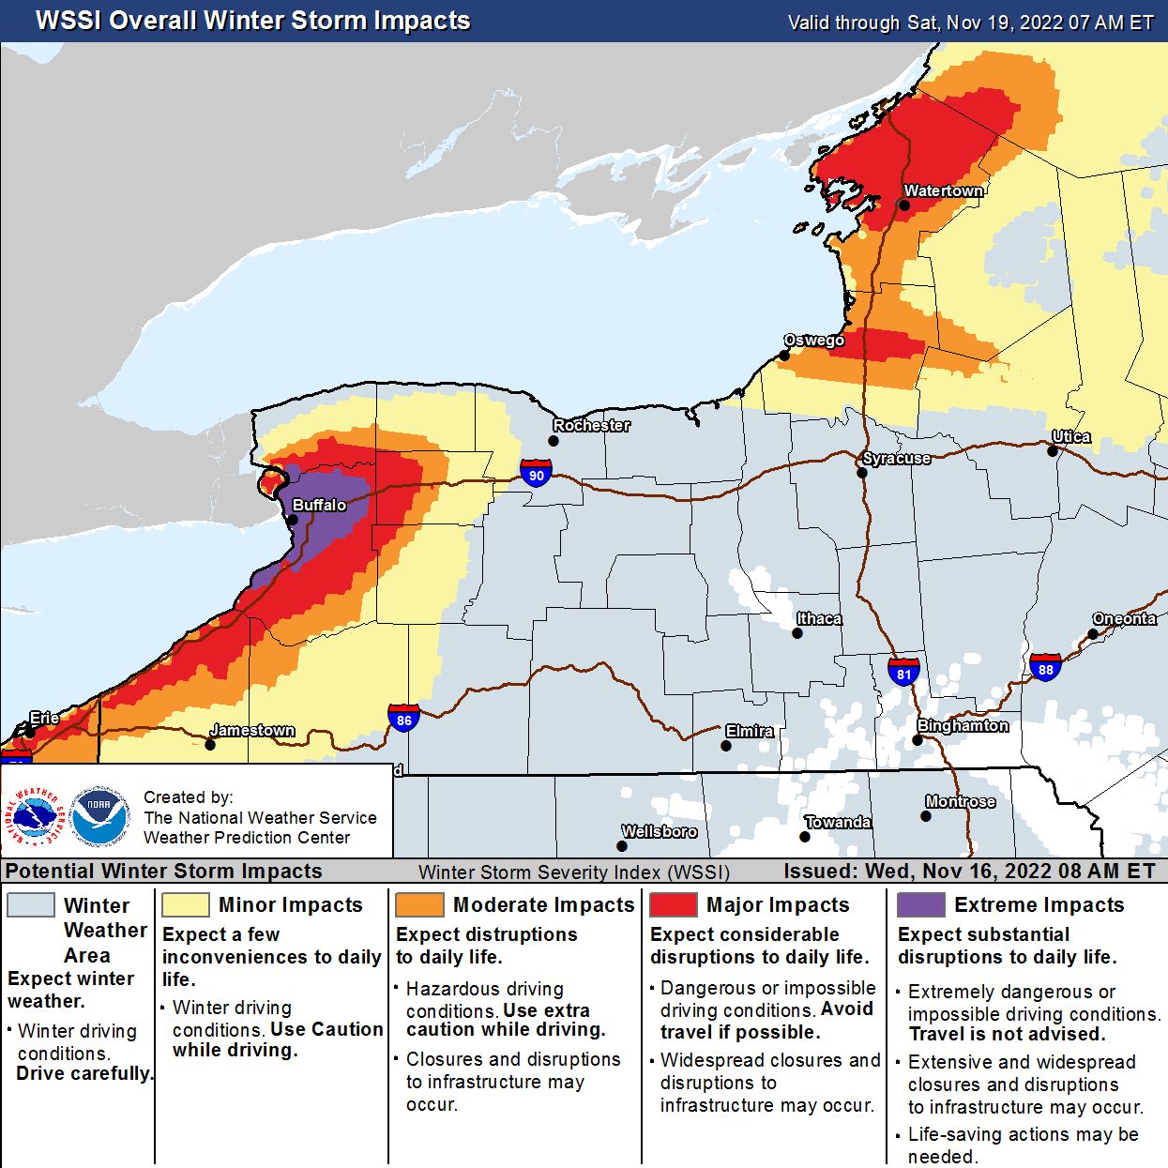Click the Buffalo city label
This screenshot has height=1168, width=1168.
coord(319,505)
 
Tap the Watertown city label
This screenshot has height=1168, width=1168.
coord(943,190)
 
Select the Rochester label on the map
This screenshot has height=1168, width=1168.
coord(591,425)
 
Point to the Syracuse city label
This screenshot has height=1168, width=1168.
coord(896,458)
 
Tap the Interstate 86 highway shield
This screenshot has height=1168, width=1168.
coord(403,719)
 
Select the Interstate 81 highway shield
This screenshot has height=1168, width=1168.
coord(903,672)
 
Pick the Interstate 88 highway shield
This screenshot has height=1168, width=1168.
coord(1045,667)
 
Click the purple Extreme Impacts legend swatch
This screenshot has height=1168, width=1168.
coord(920,904)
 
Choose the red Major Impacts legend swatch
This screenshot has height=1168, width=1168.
coord(673,904)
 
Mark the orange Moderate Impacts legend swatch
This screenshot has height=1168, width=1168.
coord(419,904)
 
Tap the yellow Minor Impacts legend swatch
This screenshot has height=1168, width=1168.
coord(185,904)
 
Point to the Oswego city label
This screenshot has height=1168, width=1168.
coord(813,340)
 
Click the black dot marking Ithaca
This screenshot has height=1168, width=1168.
coord(796,633)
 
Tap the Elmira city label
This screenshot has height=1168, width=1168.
coord(749,731)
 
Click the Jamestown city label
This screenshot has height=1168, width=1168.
coord(252,730)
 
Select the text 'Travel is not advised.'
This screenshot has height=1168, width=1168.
coord(1007,1034)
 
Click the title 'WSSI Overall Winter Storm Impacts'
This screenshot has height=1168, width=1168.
coord(252,21)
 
